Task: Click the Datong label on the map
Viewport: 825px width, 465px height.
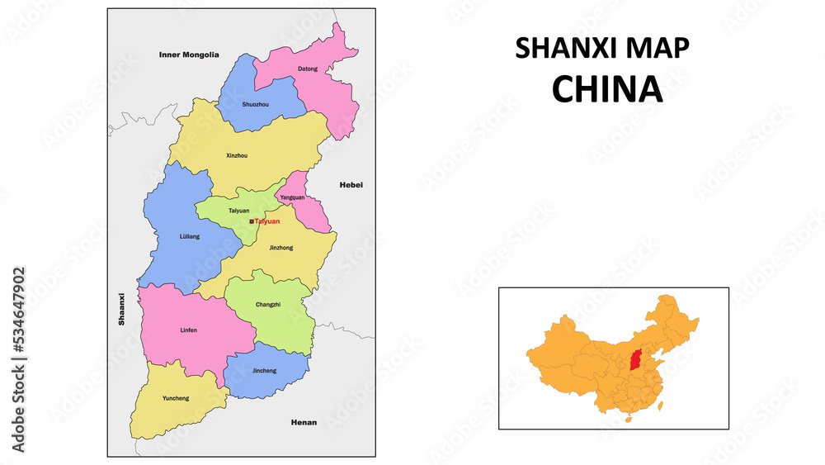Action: [307, 69]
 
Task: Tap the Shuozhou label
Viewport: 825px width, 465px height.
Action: [255, 105]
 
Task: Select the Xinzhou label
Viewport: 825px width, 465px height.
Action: [236, 155]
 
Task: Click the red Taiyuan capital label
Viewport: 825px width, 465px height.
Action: [267, 221]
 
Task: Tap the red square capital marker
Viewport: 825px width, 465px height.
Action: [252, 221]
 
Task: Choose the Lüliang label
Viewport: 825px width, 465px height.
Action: [189, 237]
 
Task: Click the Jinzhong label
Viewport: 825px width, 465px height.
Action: [280, 247]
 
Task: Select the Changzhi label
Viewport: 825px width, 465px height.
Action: [267, 305]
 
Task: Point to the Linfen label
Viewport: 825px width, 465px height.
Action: [188, 330]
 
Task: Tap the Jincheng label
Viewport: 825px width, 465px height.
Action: [264, 371]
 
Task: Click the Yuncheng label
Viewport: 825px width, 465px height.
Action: [175, 398]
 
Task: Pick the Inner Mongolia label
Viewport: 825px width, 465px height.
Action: [189, 55]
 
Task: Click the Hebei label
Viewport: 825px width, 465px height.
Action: [351, 185]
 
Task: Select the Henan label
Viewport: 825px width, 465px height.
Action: [304, 422]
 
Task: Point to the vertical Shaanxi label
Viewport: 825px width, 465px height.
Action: [121, 308]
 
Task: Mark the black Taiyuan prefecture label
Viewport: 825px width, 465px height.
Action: [238, 211]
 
